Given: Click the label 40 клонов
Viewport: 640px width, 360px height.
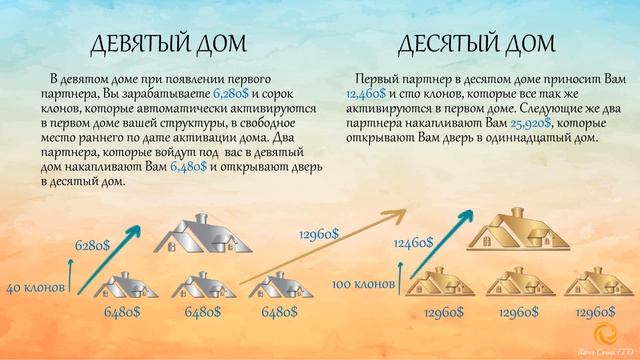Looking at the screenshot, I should point(36,288).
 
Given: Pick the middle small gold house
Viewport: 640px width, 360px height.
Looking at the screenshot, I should point(522,283).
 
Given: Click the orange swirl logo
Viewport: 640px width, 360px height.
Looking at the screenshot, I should point(604,334).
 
